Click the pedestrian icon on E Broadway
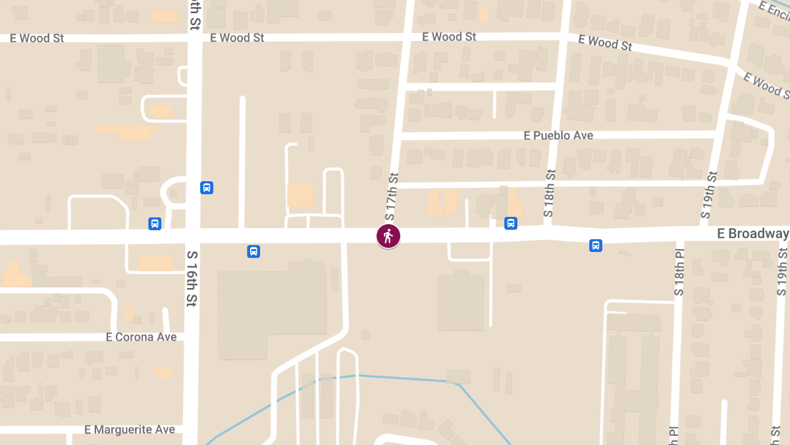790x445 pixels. point(388,236)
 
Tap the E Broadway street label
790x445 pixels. point(752,234)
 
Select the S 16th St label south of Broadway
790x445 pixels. point(192,278)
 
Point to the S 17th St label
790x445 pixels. point(392,196)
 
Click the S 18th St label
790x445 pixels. point(550,194)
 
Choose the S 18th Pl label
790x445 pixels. point(679,273)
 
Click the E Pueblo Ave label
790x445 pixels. point(558,135)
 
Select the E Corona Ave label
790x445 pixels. point(141,337)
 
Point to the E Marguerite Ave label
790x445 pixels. point(130,430)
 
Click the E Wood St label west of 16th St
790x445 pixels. point(37,38)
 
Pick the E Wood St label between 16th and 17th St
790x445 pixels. point(237,38)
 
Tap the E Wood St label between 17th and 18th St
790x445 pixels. point(449,37)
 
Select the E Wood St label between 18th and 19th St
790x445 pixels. point(605,43)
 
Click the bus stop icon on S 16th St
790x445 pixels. point(207,188)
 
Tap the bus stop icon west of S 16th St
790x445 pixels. point(155,223)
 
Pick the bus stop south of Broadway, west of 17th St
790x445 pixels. point(253,251)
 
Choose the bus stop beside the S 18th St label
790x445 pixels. point(511,223)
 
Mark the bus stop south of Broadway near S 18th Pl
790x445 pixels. point(595,246)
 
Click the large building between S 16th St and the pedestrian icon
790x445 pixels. point(271,307)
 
